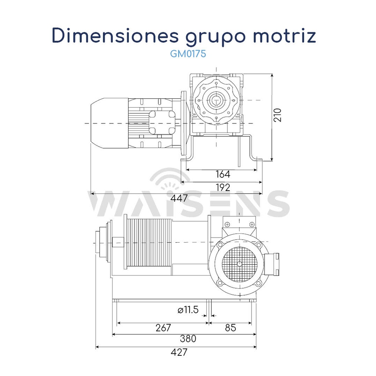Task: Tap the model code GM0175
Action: [188, 54]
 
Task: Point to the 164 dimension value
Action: [223, 174]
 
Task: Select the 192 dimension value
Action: [223, 187]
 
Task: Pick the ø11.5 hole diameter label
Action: [188, 310]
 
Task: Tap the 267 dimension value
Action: [163, 328]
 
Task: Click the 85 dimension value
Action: [230, 328]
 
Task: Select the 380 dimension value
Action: [188, 339]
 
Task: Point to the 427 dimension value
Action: [179, 352]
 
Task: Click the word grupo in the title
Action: [206, 37]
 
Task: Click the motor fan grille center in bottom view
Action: [239, 263]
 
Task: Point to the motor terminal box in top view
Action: [162, 123]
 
